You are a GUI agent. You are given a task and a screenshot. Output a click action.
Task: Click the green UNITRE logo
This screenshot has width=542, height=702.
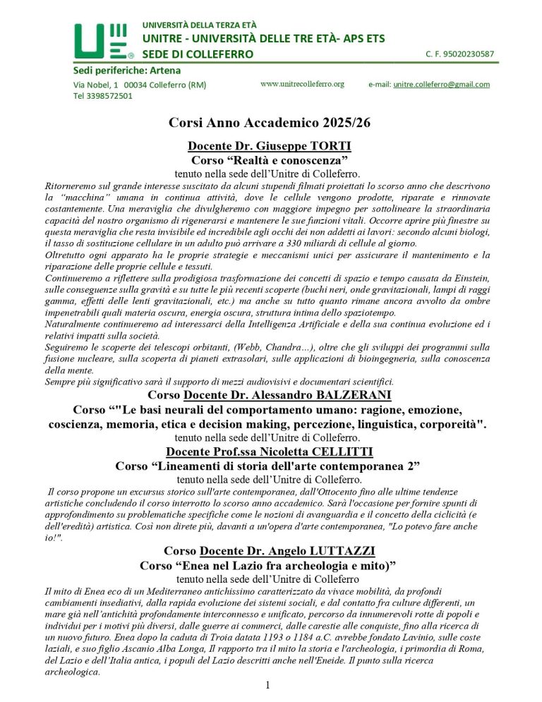coord(103,40)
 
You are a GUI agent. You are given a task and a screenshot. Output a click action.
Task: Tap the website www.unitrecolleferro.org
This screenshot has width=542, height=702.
coord(302,84)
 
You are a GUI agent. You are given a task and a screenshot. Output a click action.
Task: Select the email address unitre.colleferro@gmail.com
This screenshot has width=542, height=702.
coord(441,85)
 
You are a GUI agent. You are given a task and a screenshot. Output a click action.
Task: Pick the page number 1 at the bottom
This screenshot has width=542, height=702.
coord(268,684)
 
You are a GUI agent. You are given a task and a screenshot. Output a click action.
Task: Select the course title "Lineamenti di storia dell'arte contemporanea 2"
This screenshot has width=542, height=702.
coord(270,466)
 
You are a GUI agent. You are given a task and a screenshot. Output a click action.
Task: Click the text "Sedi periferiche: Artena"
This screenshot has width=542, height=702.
coord(127,70)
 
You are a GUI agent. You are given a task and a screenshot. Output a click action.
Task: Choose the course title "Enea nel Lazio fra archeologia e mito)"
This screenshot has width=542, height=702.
coord(270,565)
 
